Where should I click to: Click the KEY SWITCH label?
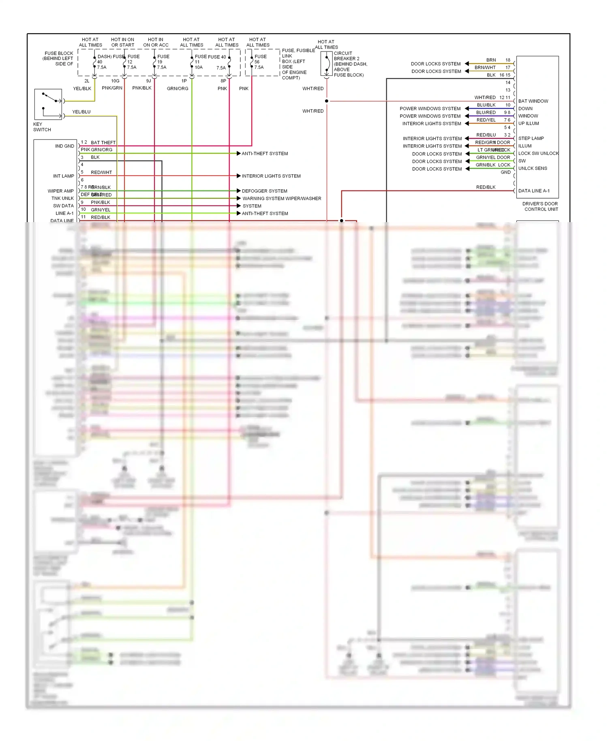42,127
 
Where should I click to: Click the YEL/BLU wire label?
81,112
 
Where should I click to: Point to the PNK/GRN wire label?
112,88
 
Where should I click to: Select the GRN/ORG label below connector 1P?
177,88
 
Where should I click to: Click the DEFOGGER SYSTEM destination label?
264,191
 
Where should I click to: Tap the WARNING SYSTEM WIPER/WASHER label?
282,199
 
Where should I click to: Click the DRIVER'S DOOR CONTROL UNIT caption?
540,206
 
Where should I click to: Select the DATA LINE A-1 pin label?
534,191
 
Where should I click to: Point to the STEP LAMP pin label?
531,138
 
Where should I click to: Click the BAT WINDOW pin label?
533,101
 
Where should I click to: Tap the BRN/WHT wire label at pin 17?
485,68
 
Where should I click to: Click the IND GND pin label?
64,146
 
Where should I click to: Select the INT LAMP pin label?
63,176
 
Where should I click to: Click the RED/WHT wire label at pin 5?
101,172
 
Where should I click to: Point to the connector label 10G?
115,81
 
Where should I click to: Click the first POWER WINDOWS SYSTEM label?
430,109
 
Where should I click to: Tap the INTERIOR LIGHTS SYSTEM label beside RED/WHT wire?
271,176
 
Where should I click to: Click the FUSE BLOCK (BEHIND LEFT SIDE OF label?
58,58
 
